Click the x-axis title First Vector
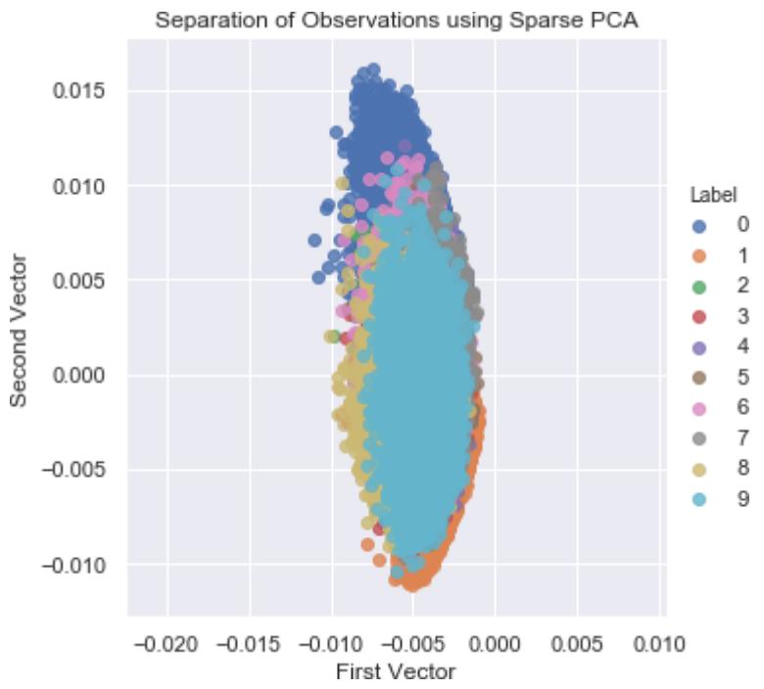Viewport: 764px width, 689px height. click(396, 672)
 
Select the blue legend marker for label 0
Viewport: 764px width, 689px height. click(699, 225)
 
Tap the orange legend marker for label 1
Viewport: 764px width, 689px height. click(699, 255)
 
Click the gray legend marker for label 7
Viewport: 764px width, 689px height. click(699, 437)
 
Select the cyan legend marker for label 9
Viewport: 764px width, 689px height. click(699, 498)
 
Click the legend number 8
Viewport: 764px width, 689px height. click(743, 468)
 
